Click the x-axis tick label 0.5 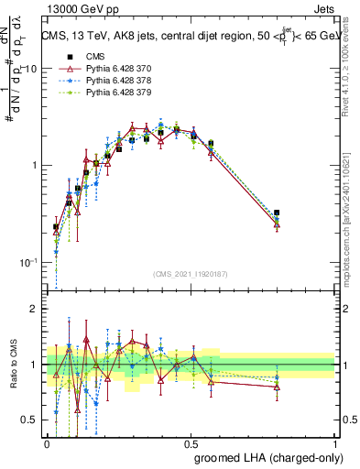(x=191, y=442)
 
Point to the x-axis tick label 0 (x=48, y=442)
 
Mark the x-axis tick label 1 (x=335, y=442)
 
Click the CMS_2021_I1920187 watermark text (x=191, y=274)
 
